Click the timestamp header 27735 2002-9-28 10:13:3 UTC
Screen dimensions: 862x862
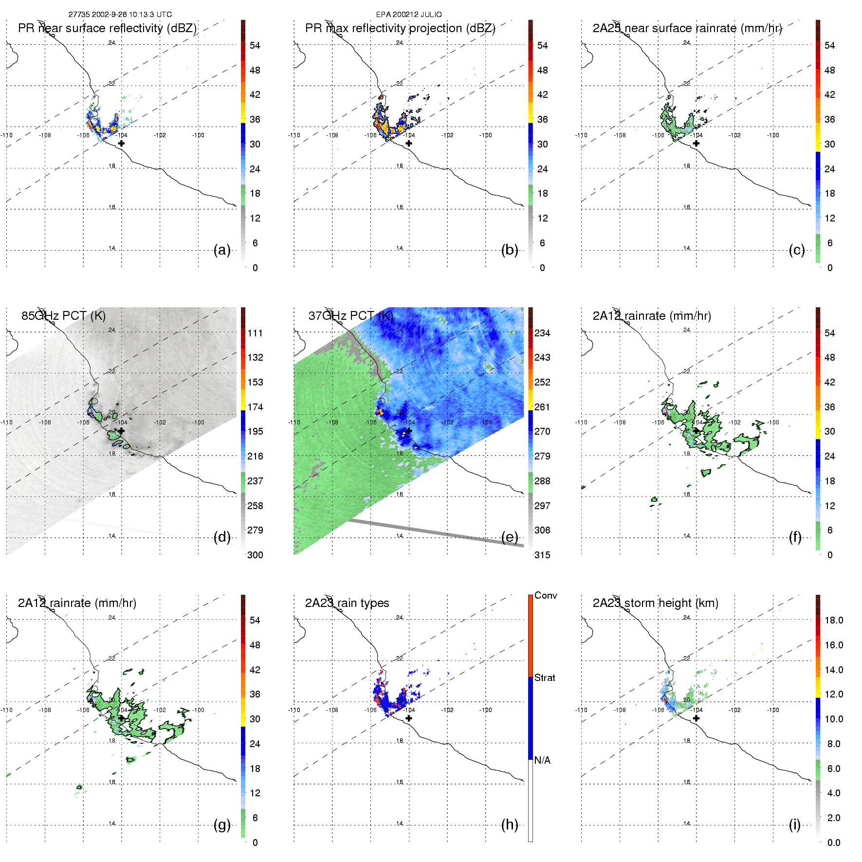120,15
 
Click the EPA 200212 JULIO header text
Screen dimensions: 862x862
409,15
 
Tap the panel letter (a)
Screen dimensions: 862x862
222,250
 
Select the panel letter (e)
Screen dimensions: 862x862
510,537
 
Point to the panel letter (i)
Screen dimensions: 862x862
795,825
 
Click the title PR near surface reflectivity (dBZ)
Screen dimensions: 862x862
107,28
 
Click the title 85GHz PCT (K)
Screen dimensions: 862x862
63,316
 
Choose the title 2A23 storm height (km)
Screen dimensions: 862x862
655,603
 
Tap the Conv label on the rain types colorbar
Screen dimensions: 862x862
546,595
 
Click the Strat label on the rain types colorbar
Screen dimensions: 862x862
545,678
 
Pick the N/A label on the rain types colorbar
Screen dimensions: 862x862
542,760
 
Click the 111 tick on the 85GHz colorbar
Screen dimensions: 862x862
255,333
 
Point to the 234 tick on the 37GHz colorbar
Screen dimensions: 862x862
542,333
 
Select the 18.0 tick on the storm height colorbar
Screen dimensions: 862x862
834,620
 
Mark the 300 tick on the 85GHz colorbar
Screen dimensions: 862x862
255,555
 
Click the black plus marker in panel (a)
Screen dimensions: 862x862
121,144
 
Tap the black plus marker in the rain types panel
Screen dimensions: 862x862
409,718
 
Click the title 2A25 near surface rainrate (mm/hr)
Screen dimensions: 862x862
687,28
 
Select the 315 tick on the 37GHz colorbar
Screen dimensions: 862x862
542,555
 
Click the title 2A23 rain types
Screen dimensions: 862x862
347,603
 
